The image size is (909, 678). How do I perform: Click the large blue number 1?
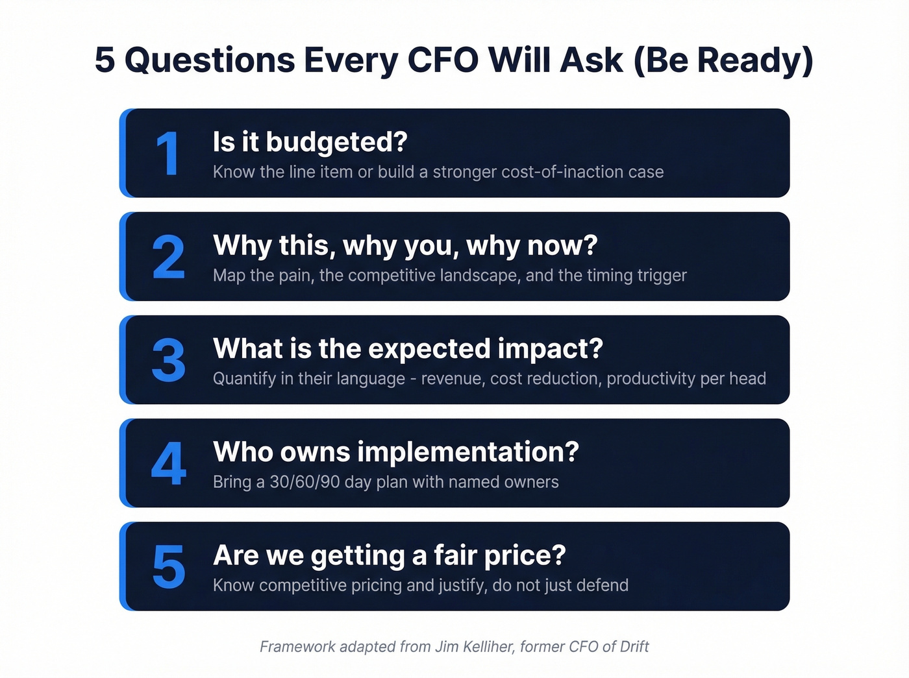168,154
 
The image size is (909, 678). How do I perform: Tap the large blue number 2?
168,258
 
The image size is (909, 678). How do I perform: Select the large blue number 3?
168,361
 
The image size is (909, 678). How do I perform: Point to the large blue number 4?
168,464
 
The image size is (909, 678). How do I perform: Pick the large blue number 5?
168,567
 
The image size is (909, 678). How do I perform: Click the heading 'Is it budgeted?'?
310,142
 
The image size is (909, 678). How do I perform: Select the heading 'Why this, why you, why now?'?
405,245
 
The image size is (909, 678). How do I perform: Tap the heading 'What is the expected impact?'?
408,348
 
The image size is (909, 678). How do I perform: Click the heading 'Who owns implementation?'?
395,452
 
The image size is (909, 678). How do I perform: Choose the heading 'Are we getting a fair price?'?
390,555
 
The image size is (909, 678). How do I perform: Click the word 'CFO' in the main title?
443,60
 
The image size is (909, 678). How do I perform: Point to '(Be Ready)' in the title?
723,60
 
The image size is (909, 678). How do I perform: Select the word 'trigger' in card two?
662,276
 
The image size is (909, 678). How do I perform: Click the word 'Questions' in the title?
210,60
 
